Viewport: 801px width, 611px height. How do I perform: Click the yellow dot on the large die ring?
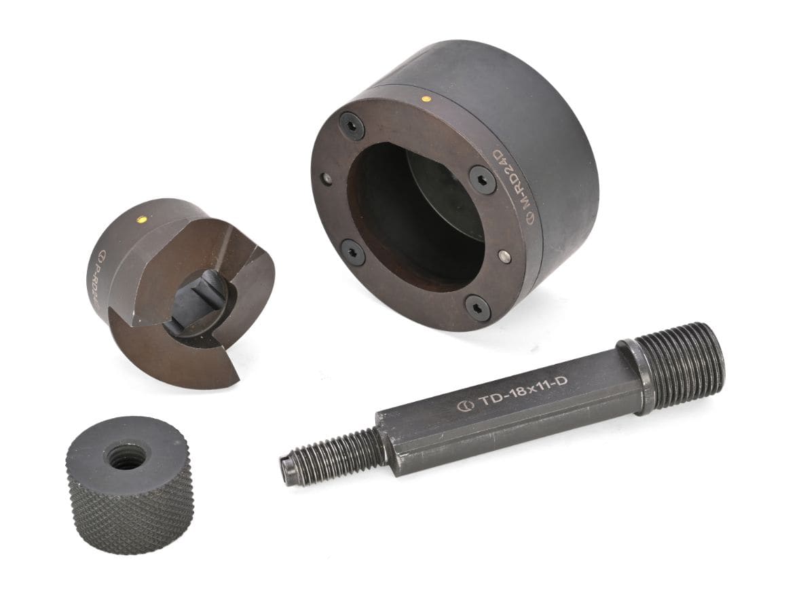(x=426, y=98)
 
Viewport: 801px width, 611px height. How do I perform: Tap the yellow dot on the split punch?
(x=142, y=219)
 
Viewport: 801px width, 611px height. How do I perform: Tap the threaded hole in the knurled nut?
(x=127, y=460)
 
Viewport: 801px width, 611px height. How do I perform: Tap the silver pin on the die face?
(x=503, y=255)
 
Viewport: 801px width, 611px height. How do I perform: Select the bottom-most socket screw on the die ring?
(x=479, y=309)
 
